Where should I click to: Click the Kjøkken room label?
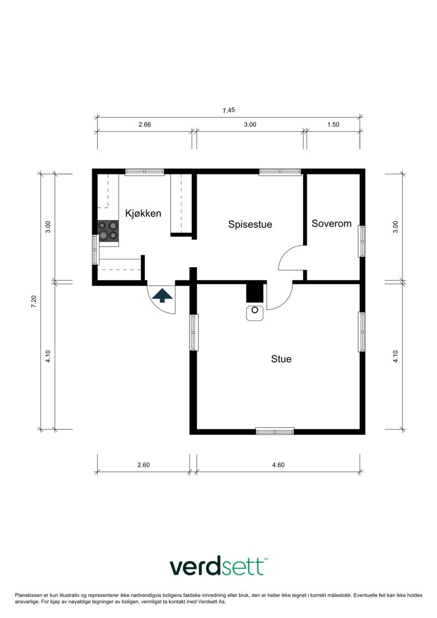pyautogui.click(x=143, y=213)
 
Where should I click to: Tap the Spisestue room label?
pyautogui.click(x=250, y=224)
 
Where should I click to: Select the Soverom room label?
pyautogui.click(x=331, y=223)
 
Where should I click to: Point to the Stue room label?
pyautogui.click(x=281, y=359)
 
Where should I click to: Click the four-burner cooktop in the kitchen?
pyautogui.click(x=108, y=231)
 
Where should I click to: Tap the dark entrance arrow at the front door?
pyautogui.click(x=162, y=296)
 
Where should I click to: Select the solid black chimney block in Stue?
pyautogui.click(x=255, y=292)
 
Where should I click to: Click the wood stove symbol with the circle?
pyautogui.click(x=255, y=313)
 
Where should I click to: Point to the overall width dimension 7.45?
pyautogui.click(x=228, y=110)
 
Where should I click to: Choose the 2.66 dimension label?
pyautogui.click(x=144, y=125)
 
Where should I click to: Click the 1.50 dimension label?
pyautogui.click(x=333, y=125)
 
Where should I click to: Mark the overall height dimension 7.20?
pyautogui.click(x=34, y=301)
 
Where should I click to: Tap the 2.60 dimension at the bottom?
pyautogui.click(x=143, y=465)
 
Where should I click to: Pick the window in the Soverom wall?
pyautogui.click(x=362, y=241)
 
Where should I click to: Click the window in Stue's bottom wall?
pyautogui.click(x=275, y=431)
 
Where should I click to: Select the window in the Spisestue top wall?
pyautogui.click(x=280, y=172)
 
